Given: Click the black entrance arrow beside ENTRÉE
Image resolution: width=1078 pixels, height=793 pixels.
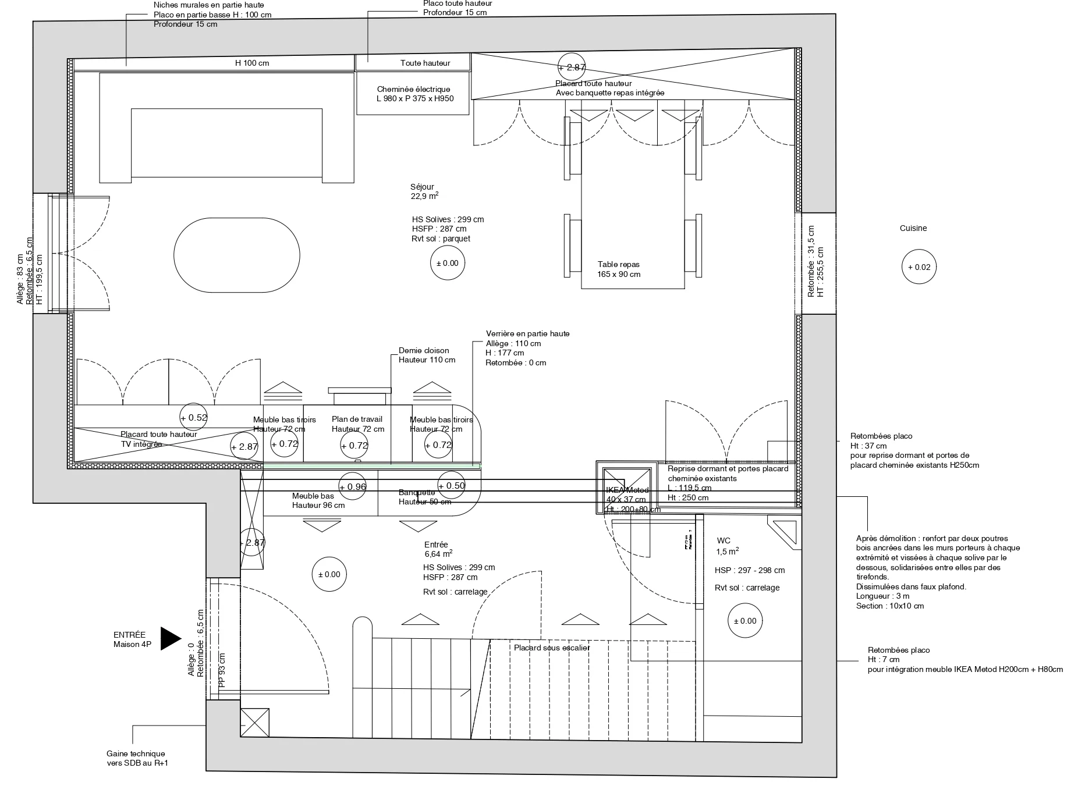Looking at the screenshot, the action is pos(170,638).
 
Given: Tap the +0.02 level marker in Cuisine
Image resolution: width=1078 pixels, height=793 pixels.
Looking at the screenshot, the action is pos(919,268).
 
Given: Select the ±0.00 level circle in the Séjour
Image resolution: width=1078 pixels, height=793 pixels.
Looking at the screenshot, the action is pos(448,263).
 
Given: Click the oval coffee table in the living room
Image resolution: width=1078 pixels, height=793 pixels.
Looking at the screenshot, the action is pos(237,255).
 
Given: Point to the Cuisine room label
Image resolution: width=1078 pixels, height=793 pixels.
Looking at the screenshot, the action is pos(913,228).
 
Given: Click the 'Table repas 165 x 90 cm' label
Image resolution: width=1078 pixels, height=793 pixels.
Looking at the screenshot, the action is pos(619,269).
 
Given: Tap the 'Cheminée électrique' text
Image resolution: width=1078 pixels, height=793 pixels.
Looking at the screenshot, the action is pos(413,90).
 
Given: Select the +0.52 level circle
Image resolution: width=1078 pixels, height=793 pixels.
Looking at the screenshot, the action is pos(194,417).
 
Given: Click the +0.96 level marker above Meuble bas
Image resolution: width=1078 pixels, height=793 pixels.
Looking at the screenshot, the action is pos(353,486).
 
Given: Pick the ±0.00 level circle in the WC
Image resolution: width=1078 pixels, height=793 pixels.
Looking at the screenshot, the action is pos(745,621).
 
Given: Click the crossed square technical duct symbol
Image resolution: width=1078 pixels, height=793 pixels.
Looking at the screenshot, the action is pos(255,723).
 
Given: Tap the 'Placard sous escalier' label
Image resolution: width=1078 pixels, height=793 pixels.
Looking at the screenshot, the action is pos(552,648).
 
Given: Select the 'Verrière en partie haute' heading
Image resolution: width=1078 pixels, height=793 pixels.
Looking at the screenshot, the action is pos(527,333).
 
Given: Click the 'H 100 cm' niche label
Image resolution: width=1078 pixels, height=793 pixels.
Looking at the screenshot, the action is pos(251,63).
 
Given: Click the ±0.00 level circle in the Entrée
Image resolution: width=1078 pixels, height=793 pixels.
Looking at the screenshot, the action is pos(329,574).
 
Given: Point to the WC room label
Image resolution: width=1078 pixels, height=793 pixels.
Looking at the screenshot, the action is pos(724,540).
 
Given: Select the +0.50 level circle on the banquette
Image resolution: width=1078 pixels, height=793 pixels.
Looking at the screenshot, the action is pos(452,486).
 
